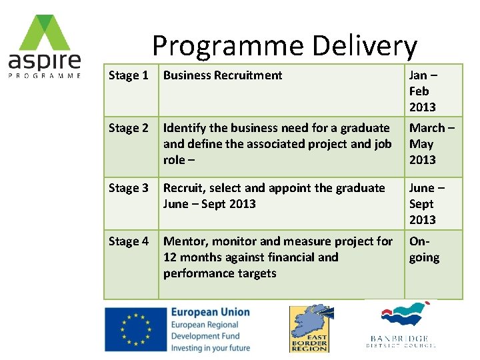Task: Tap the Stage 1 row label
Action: [x=129, y=75]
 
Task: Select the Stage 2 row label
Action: [x=129, y=128]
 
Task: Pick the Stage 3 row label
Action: [x=129, y=188]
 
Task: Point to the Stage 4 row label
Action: [x=129, y=241]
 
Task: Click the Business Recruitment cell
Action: [x=223, y=75]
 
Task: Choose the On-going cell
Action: [x=424, y=249]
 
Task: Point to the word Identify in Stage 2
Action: [x=185, y=128]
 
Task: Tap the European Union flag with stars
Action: [x=135, y=329]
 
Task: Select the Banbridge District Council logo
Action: [x=401, y=326]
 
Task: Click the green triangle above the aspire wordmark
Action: [x=44, y=33]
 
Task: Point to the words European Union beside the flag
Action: [x=210, y=312]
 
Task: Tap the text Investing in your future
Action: [x=210, y=347]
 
